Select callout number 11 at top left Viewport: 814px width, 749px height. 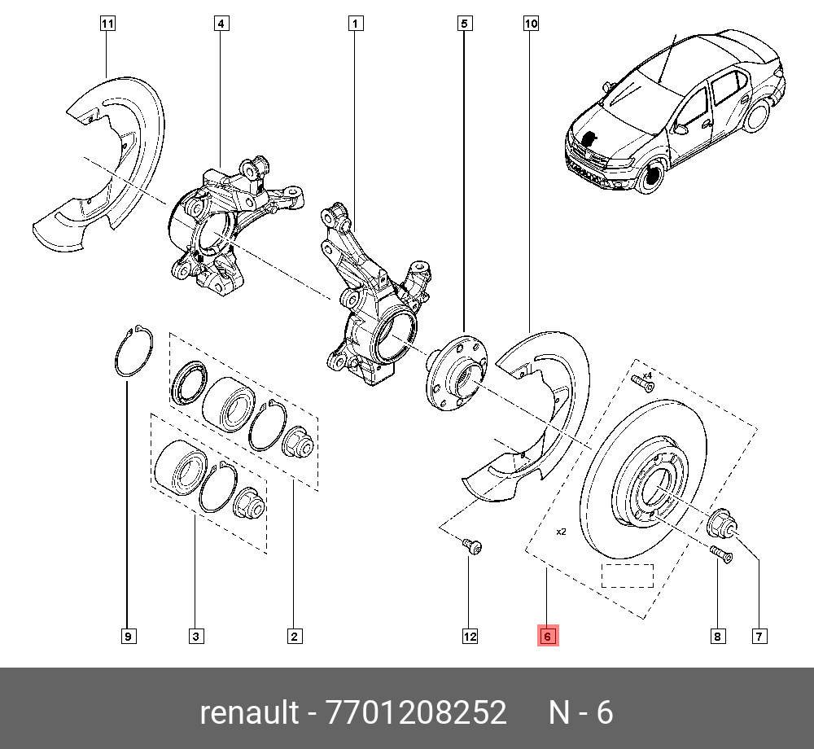[107, 24]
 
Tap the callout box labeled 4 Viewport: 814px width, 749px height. [221, 24]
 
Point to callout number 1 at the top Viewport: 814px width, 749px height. [355, 24]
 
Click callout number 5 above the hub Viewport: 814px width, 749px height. [463, 24]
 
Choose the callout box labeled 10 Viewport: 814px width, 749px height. [531, 24]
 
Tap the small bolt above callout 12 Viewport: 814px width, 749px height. [472, 546]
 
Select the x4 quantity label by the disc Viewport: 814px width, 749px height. [647, 375]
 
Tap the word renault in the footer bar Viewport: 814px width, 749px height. [249, 712]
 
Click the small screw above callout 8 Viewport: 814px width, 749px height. [721, 554]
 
